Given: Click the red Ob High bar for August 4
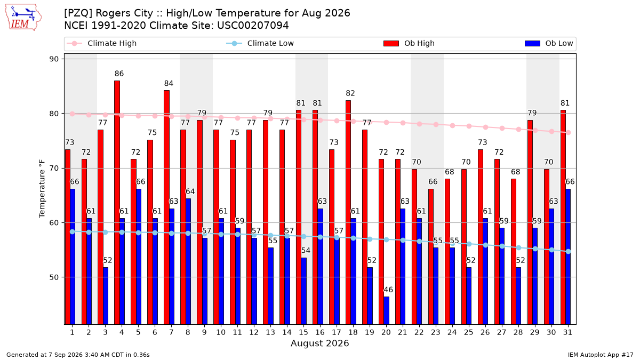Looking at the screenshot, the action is pyautogui.click(x=117, y=203).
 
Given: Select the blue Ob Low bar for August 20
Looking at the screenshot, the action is pyautogui.click(x=386, y=310).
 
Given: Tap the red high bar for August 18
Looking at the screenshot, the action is pyautogui.click(x=348, y=213).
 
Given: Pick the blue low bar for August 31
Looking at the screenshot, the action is pyautogui.click(x=567, y=257).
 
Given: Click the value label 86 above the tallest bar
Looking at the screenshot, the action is pyautogui.click(x=119, y=74).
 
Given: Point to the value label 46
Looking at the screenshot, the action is pyautogui.click(x=388, y=290).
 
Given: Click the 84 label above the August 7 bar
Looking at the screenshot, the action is pyautogui.click(x=169, y=83).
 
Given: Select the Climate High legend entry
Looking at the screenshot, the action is pyautogui.click(x=101, y=43).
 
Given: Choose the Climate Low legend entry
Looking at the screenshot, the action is pyautogui.click(x=260, y=43).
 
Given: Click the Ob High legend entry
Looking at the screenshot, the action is pyautogui.click(x=409, y=43).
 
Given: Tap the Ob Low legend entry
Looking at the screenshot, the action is pyautogui.click(x=549, y=43).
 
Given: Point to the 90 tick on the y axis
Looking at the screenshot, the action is pyautogui.click(x=54, y=59).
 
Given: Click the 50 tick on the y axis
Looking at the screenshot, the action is pyautogui.click(x=54, y=277).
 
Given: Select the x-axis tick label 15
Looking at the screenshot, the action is pyautogui.click(x=303, y=333).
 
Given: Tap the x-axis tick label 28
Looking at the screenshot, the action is pyautogui.click(x=518, y=333).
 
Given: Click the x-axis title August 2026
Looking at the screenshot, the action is pyautogui.click(x=319, y=343).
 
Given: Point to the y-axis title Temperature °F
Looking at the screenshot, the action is pyautogui.click(x=42, y=189).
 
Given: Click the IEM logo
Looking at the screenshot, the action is pyautogui.click(x=23, y=18).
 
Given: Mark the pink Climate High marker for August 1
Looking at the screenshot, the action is pyautogui.click(x=73, y=114).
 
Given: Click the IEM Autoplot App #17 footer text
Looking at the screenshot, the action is pyautogui.click(x=601, y=355).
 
